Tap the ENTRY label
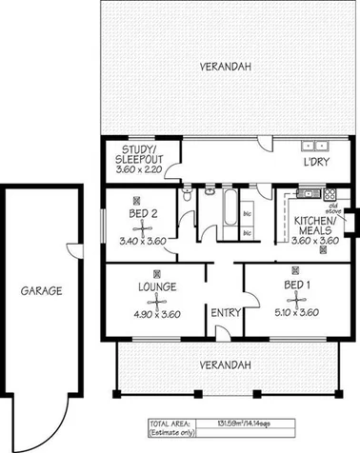tap(225, 313)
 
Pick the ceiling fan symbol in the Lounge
tap(150, 301)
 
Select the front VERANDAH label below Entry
tap(225, 364)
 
